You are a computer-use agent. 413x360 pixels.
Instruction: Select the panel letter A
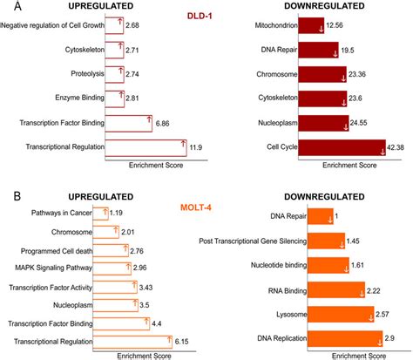(8, 8)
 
